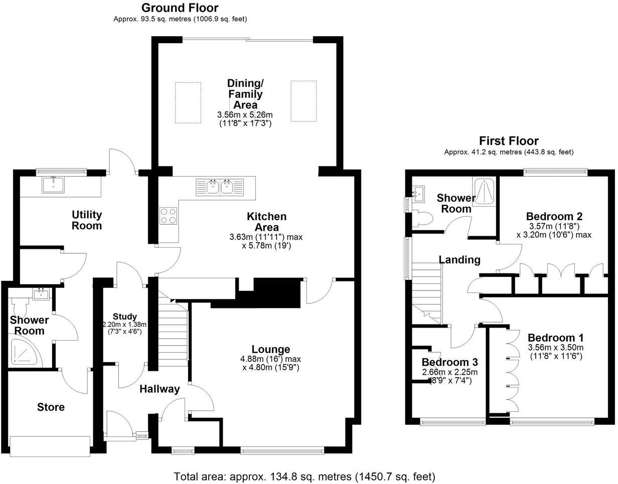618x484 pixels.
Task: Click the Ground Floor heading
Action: (180, 8)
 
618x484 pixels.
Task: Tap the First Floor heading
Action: (509, 141)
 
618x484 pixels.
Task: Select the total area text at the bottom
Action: (304, 475)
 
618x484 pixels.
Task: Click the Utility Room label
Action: (87, 220)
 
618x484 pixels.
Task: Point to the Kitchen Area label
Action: (266, 221)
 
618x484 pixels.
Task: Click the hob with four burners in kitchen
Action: (168, 215)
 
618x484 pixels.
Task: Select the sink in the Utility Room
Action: (53, 185)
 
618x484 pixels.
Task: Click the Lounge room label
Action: (271, 349)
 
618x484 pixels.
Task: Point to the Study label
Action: (124, 316)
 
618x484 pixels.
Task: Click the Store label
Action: (51, 407)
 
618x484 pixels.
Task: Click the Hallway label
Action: (159, 389)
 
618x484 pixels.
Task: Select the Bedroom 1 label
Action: (555, 337)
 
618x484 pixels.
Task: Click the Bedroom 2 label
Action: (554, 217)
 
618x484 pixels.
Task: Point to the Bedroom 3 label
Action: (449, 362)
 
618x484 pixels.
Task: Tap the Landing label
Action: (459, 260)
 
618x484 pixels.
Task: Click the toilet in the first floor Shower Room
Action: (424, 217)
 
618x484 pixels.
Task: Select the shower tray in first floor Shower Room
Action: (485, 191)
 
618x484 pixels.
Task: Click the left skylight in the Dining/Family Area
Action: (188, 102)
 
